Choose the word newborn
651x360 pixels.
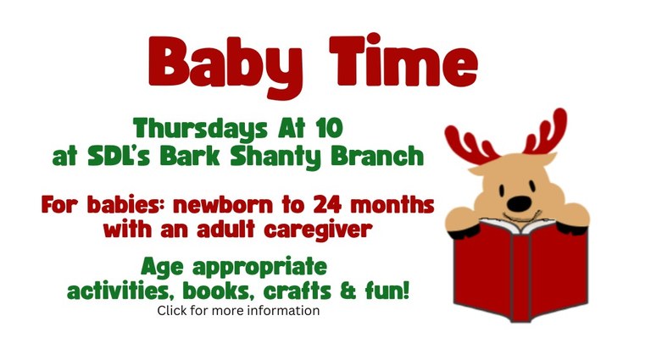(253, 205)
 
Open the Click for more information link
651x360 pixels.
(238, 311)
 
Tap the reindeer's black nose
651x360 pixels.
(520, 203)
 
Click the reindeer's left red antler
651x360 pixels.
(470, 141)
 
